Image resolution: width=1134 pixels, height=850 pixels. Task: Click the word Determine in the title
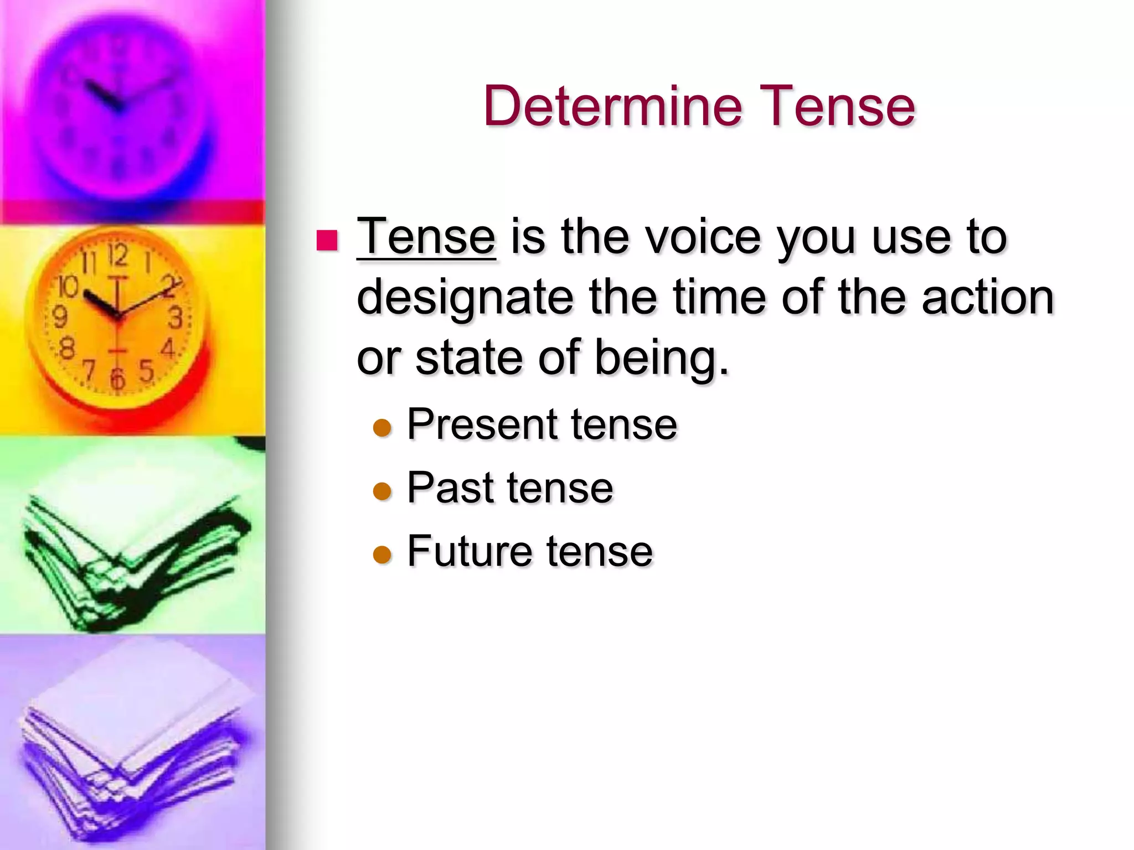click(x=612, y=106)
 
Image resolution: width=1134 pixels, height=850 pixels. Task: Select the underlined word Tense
click(x=426, y=237)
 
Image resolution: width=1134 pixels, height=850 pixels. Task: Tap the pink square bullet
click(x=327, y=241)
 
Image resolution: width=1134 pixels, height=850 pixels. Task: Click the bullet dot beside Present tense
click(x=382, y=428)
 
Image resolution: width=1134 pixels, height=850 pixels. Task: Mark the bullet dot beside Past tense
click(x=382, y=491)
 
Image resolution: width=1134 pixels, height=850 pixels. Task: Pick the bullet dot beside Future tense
click(x=382, y=554)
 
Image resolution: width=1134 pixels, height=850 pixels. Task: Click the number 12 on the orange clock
click(x=118, y=256)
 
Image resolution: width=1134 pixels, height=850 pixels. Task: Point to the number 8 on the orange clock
click(x=67, y=349)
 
